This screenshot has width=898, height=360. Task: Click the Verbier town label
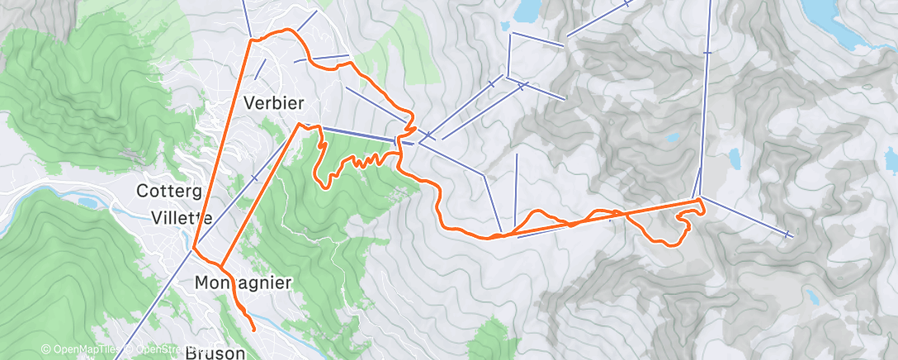[x=274, y=102]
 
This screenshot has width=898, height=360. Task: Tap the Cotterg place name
[x=169, y=192]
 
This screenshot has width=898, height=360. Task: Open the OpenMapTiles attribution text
[x=79, y=350]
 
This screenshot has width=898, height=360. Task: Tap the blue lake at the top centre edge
[x=526, y=10]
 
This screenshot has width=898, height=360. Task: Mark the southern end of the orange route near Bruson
[x=252, y=329]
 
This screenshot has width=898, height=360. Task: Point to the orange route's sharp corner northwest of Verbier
[x=252, y=39]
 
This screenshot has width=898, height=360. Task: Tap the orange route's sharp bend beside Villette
[x=194, y=248]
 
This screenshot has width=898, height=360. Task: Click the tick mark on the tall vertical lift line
[x=707, y=52]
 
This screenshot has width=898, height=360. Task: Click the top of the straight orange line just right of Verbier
[x=298, y=125]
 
